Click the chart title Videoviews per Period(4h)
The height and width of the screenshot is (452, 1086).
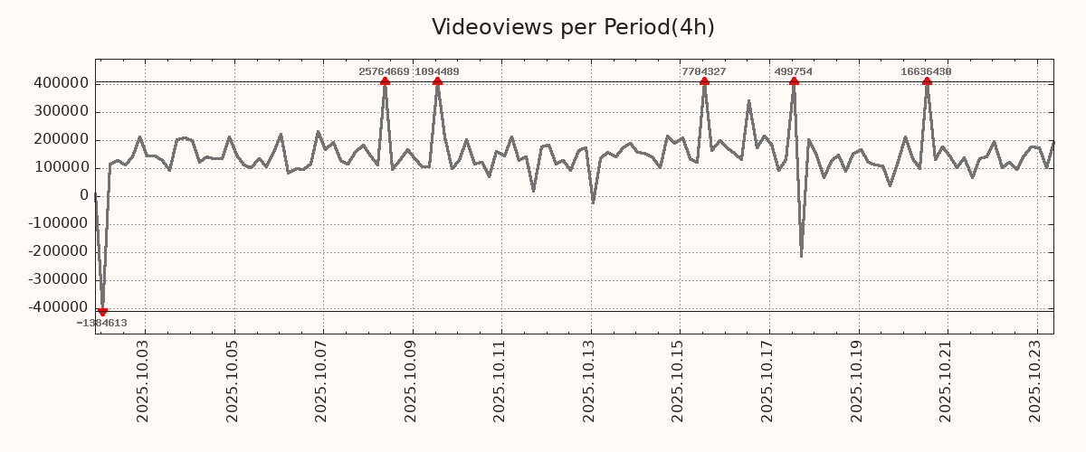coord(573,27)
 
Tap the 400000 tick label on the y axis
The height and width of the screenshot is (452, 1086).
coord(60,83)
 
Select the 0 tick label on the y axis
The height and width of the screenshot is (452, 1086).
coord(84,195)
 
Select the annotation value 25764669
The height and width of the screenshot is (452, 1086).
coord(384,71)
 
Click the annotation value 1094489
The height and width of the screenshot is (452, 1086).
coord(437,71)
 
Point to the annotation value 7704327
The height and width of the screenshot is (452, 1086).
coord(703,71)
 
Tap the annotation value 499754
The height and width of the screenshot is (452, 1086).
coord(793,71)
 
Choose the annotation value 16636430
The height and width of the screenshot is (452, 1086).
coord(926,71)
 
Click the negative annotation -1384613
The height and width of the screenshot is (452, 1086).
coord(101,323)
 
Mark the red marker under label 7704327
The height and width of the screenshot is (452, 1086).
coord(704,81)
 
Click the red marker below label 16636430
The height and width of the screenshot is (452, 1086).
coord(927,81)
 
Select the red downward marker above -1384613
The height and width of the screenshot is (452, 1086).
coord(102,312)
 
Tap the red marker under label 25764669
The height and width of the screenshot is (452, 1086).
coord(385,81)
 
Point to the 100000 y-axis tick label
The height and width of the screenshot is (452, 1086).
coord(60,167)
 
